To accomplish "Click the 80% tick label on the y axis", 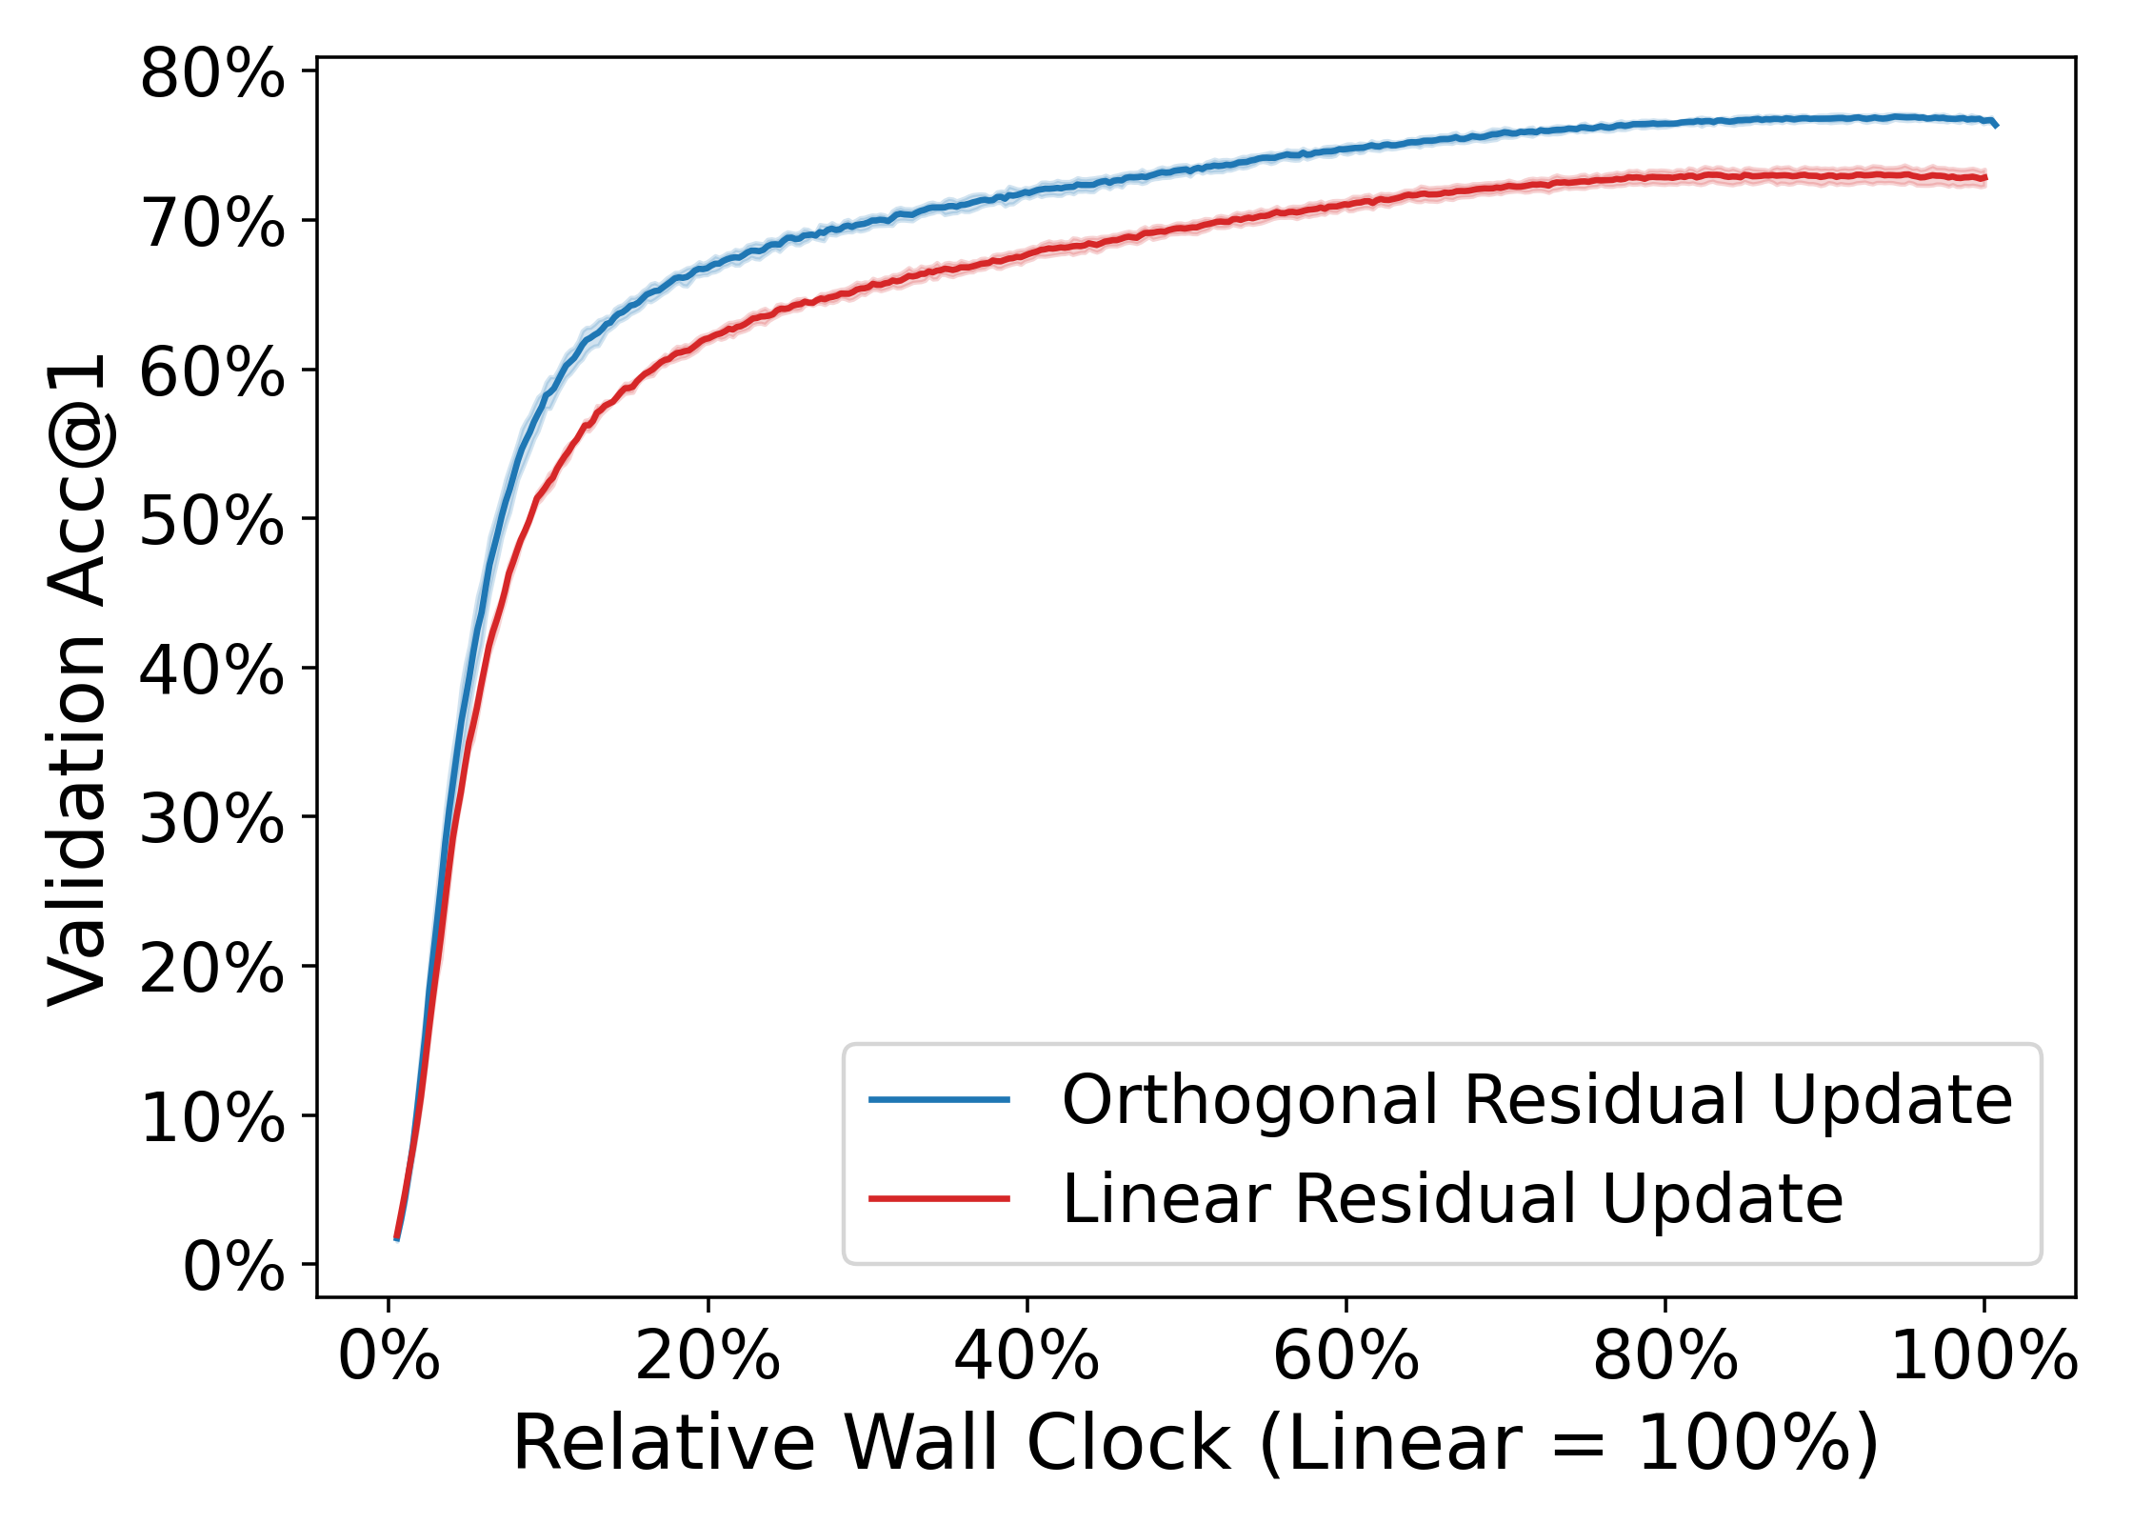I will click(211, 74).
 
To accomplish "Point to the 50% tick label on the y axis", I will click(211, 521).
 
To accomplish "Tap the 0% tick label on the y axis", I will click(233, 1267).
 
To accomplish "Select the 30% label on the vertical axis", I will click(211, 819).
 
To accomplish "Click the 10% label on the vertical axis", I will click(211, 1117).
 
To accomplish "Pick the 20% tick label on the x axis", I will click(708, 1355).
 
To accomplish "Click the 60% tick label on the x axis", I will click(1346, 1355).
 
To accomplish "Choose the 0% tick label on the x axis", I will click(389, 1355).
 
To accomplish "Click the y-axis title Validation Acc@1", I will click(78, 679).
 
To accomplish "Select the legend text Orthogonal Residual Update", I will click(1536, 1100).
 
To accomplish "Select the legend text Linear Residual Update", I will click(1452, 1198).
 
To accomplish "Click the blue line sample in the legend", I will click(939, 1099).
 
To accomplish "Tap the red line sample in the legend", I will click(939, 1198).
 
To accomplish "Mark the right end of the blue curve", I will click(1996, 125).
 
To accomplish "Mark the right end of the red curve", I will click(1985, 178).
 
